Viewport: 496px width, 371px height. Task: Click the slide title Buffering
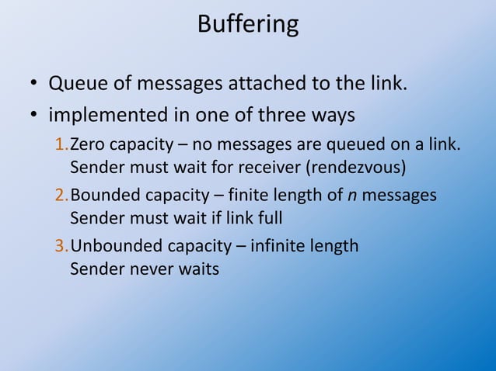248,24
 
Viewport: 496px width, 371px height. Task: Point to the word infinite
281,247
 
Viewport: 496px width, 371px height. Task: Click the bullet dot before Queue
34,83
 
